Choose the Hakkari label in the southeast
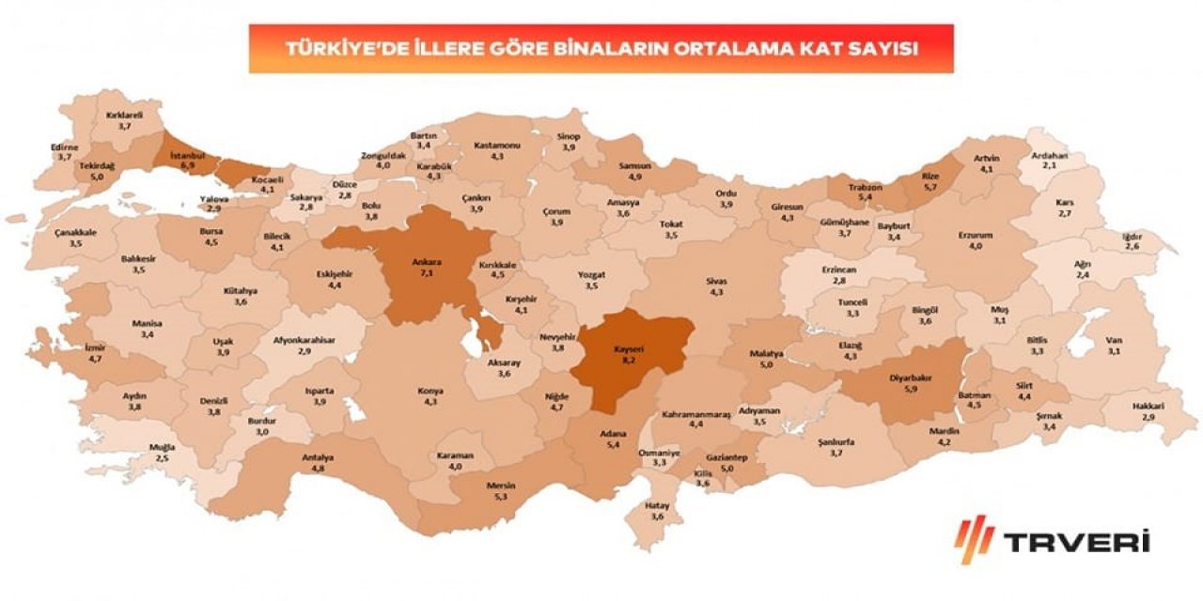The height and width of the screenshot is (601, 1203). (x=1148, y=406)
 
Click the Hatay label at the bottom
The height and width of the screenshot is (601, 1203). (x=658, y=505)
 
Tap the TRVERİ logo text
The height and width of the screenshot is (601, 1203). (x=1076, y=541)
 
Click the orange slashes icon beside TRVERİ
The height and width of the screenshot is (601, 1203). (x=975, y=539)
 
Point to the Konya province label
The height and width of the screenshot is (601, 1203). (x=430, y=391)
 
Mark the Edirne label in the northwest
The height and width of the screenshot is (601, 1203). (x=66, y=147)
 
